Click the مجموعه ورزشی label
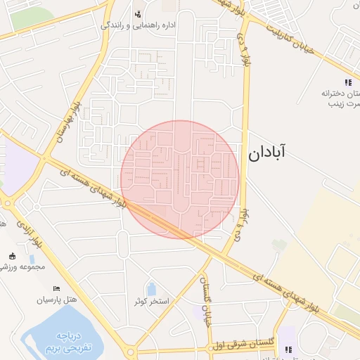click(x=22, y=267)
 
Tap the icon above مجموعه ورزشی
click(x=12, y=256)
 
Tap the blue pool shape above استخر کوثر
click(x=151, y=288)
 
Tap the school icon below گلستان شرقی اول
click(x=288, y=349)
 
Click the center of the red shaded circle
click(x=180, y=179)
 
